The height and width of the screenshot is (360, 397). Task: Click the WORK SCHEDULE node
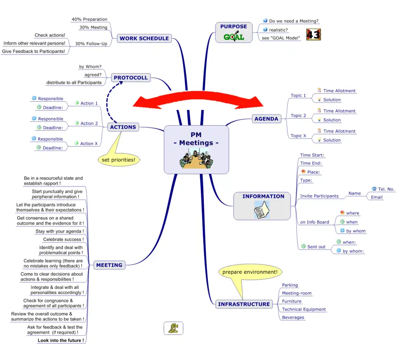tap(144, 38)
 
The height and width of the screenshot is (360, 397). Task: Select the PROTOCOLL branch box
tap(130, 78)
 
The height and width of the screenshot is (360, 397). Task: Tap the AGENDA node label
tap(266, 119)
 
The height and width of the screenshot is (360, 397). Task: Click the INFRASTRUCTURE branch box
tap(244, 304)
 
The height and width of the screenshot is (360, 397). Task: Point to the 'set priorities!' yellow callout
tap(118, 160)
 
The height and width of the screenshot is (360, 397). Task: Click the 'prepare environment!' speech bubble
tap(250, 272)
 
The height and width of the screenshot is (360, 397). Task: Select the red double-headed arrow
tap(198, 100)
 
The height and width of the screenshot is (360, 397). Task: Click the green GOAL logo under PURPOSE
tap(234, 37)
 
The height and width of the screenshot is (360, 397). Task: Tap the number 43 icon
tap(313, 35)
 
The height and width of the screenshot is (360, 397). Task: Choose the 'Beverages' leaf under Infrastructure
tap(293, 317)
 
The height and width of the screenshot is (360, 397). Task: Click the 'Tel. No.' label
tap(386, 189)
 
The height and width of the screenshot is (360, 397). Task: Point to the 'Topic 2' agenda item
tap(298, 116)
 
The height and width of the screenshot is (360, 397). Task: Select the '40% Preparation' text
tap(89, 19)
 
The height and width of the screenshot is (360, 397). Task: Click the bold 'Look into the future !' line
tap(60, 341)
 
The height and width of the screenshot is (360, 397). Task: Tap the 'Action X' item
tap(89, 143)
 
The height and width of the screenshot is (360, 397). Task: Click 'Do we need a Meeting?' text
tap(294, 21)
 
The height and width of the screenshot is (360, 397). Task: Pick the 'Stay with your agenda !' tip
tap(59, 231)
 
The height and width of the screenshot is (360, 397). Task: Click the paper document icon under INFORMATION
tap(262, 210)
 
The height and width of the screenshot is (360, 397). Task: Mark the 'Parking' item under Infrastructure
tap(290, 285)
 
